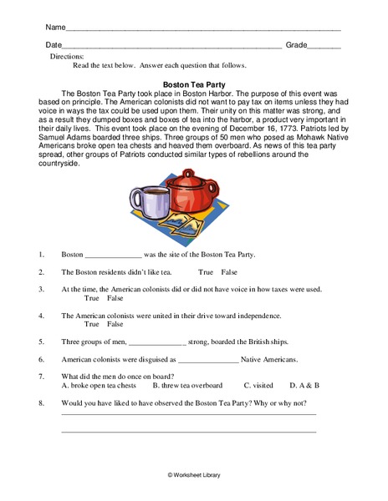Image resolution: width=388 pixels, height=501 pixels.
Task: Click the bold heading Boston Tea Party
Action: click(x=194, y=84)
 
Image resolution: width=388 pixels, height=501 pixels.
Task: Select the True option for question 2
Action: click(x=206, y=272)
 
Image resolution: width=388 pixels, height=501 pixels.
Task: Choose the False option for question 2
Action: click(x=229, y=272)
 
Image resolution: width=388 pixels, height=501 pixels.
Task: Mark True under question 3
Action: click(x=92, y=298)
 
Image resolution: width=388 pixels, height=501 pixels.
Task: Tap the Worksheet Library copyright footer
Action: click(x=194, y=474)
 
